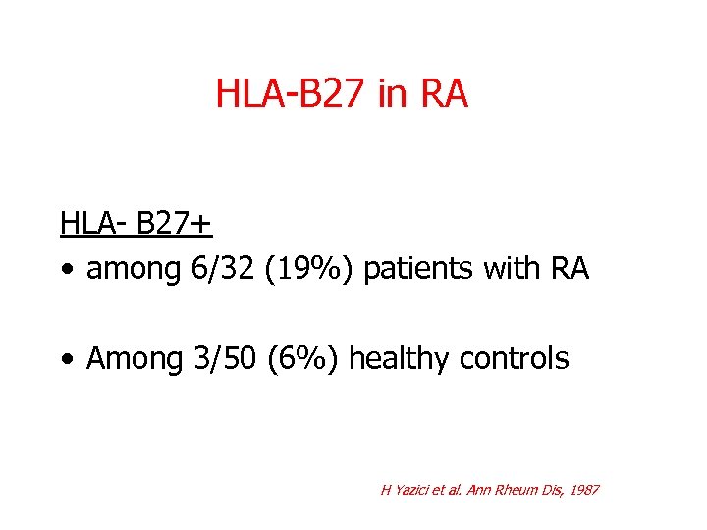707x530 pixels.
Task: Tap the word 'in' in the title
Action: coord(389,95)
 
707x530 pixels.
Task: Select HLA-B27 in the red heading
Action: coord(290,95)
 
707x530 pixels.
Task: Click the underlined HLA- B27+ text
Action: coord(136,224)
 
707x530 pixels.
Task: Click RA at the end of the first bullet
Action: coord(569,269)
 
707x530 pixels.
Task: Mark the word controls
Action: coord(513,359)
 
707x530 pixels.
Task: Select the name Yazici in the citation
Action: coord(409,489)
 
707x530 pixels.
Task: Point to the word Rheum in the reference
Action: coord(517,489)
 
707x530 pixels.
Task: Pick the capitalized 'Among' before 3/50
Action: coord(129,359)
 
